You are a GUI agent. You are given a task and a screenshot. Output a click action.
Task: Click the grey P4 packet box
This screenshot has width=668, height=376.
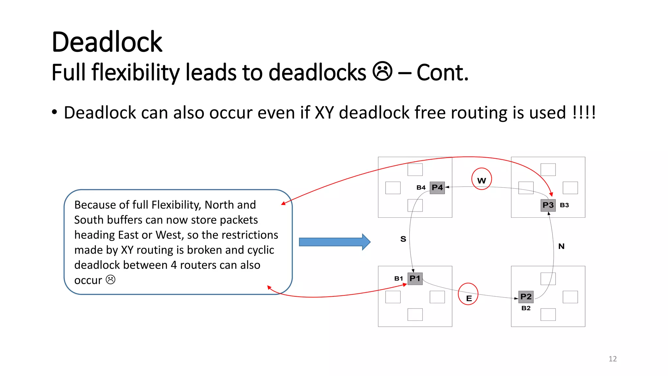coord(437,188)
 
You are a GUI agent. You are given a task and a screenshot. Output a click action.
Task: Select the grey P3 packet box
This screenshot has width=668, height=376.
coord(548,205)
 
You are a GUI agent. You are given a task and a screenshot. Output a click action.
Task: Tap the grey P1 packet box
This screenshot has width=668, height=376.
coord(415,279)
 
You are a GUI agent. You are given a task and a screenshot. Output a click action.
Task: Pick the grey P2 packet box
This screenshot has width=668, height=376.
coord(526,297)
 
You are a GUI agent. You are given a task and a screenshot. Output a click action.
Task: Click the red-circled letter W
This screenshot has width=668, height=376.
coord(481,180)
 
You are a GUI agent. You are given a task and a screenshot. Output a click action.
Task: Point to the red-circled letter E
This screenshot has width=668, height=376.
coord(469,298)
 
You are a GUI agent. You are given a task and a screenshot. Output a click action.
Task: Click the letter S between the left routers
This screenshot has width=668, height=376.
coord(403,239)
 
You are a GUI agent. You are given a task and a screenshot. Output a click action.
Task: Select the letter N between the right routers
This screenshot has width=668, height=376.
coord(561,246)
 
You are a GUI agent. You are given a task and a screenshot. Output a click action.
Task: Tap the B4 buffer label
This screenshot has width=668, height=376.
coord(421,188)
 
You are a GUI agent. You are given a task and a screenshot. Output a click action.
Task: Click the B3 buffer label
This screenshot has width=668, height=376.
coord(564,205)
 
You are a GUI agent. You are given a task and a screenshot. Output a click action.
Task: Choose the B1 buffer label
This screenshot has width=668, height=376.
coord(399,279)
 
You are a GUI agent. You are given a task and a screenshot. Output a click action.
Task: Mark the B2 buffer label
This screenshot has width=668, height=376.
coord(526,308)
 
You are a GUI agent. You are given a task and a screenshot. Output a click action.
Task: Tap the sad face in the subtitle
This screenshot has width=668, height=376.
coord(382,71)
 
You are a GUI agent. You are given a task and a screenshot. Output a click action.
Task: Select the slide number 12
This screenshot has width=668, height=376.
coord(613,359)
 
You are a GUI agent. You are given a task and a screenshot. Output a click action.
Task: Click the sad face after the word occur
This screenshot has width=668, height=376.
coord(111,280)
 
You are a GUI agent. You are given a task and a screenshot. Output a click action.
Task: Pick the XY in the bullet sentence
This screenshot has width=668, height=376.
coord(324,113)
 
